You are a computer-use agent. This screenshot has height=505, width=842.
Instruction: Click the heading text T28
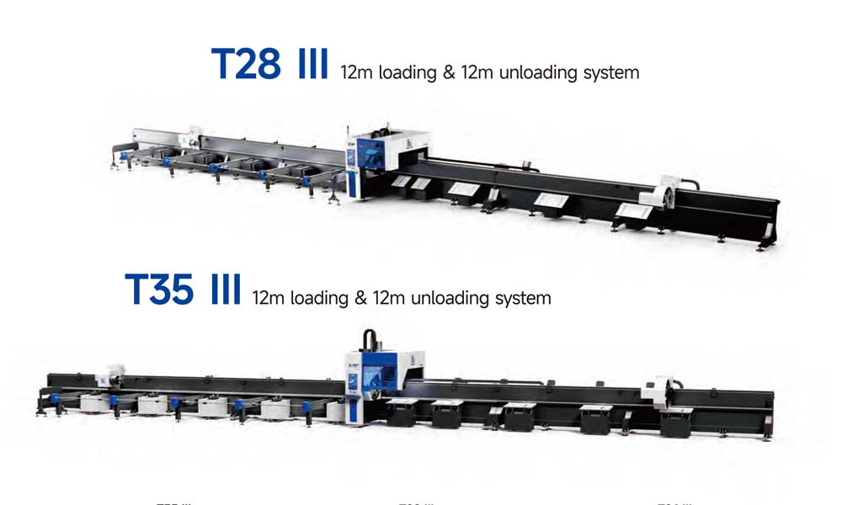pos(245,64)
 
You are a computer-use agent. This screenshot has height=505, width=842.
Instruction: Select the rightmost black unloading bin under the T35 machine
pos(677,422)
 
